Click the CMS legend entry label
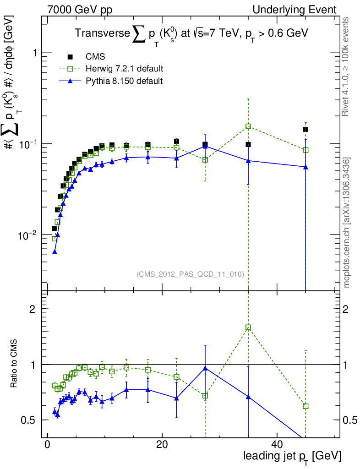pyautogui.click(x=95, y=57)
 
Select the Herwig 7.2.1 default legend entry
pyautogui.click(x=124, y=69)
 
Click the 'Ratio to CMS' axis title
pyautogui.click(x=15, y=365)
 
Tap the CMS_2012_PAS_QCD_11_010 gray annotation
pyautogui.click(x=190, y=274)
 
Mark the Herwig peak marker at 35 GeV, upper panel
pyautogui.click(x=248, y=126)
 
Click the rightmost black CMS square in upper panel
pyautogui.click(x=305, y=130)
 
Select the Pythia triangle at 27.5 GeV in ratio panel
pyautogui.click(x=205, y=368)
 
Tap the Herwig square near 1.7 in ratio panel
pyautogui.click(x=248, y=327)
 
